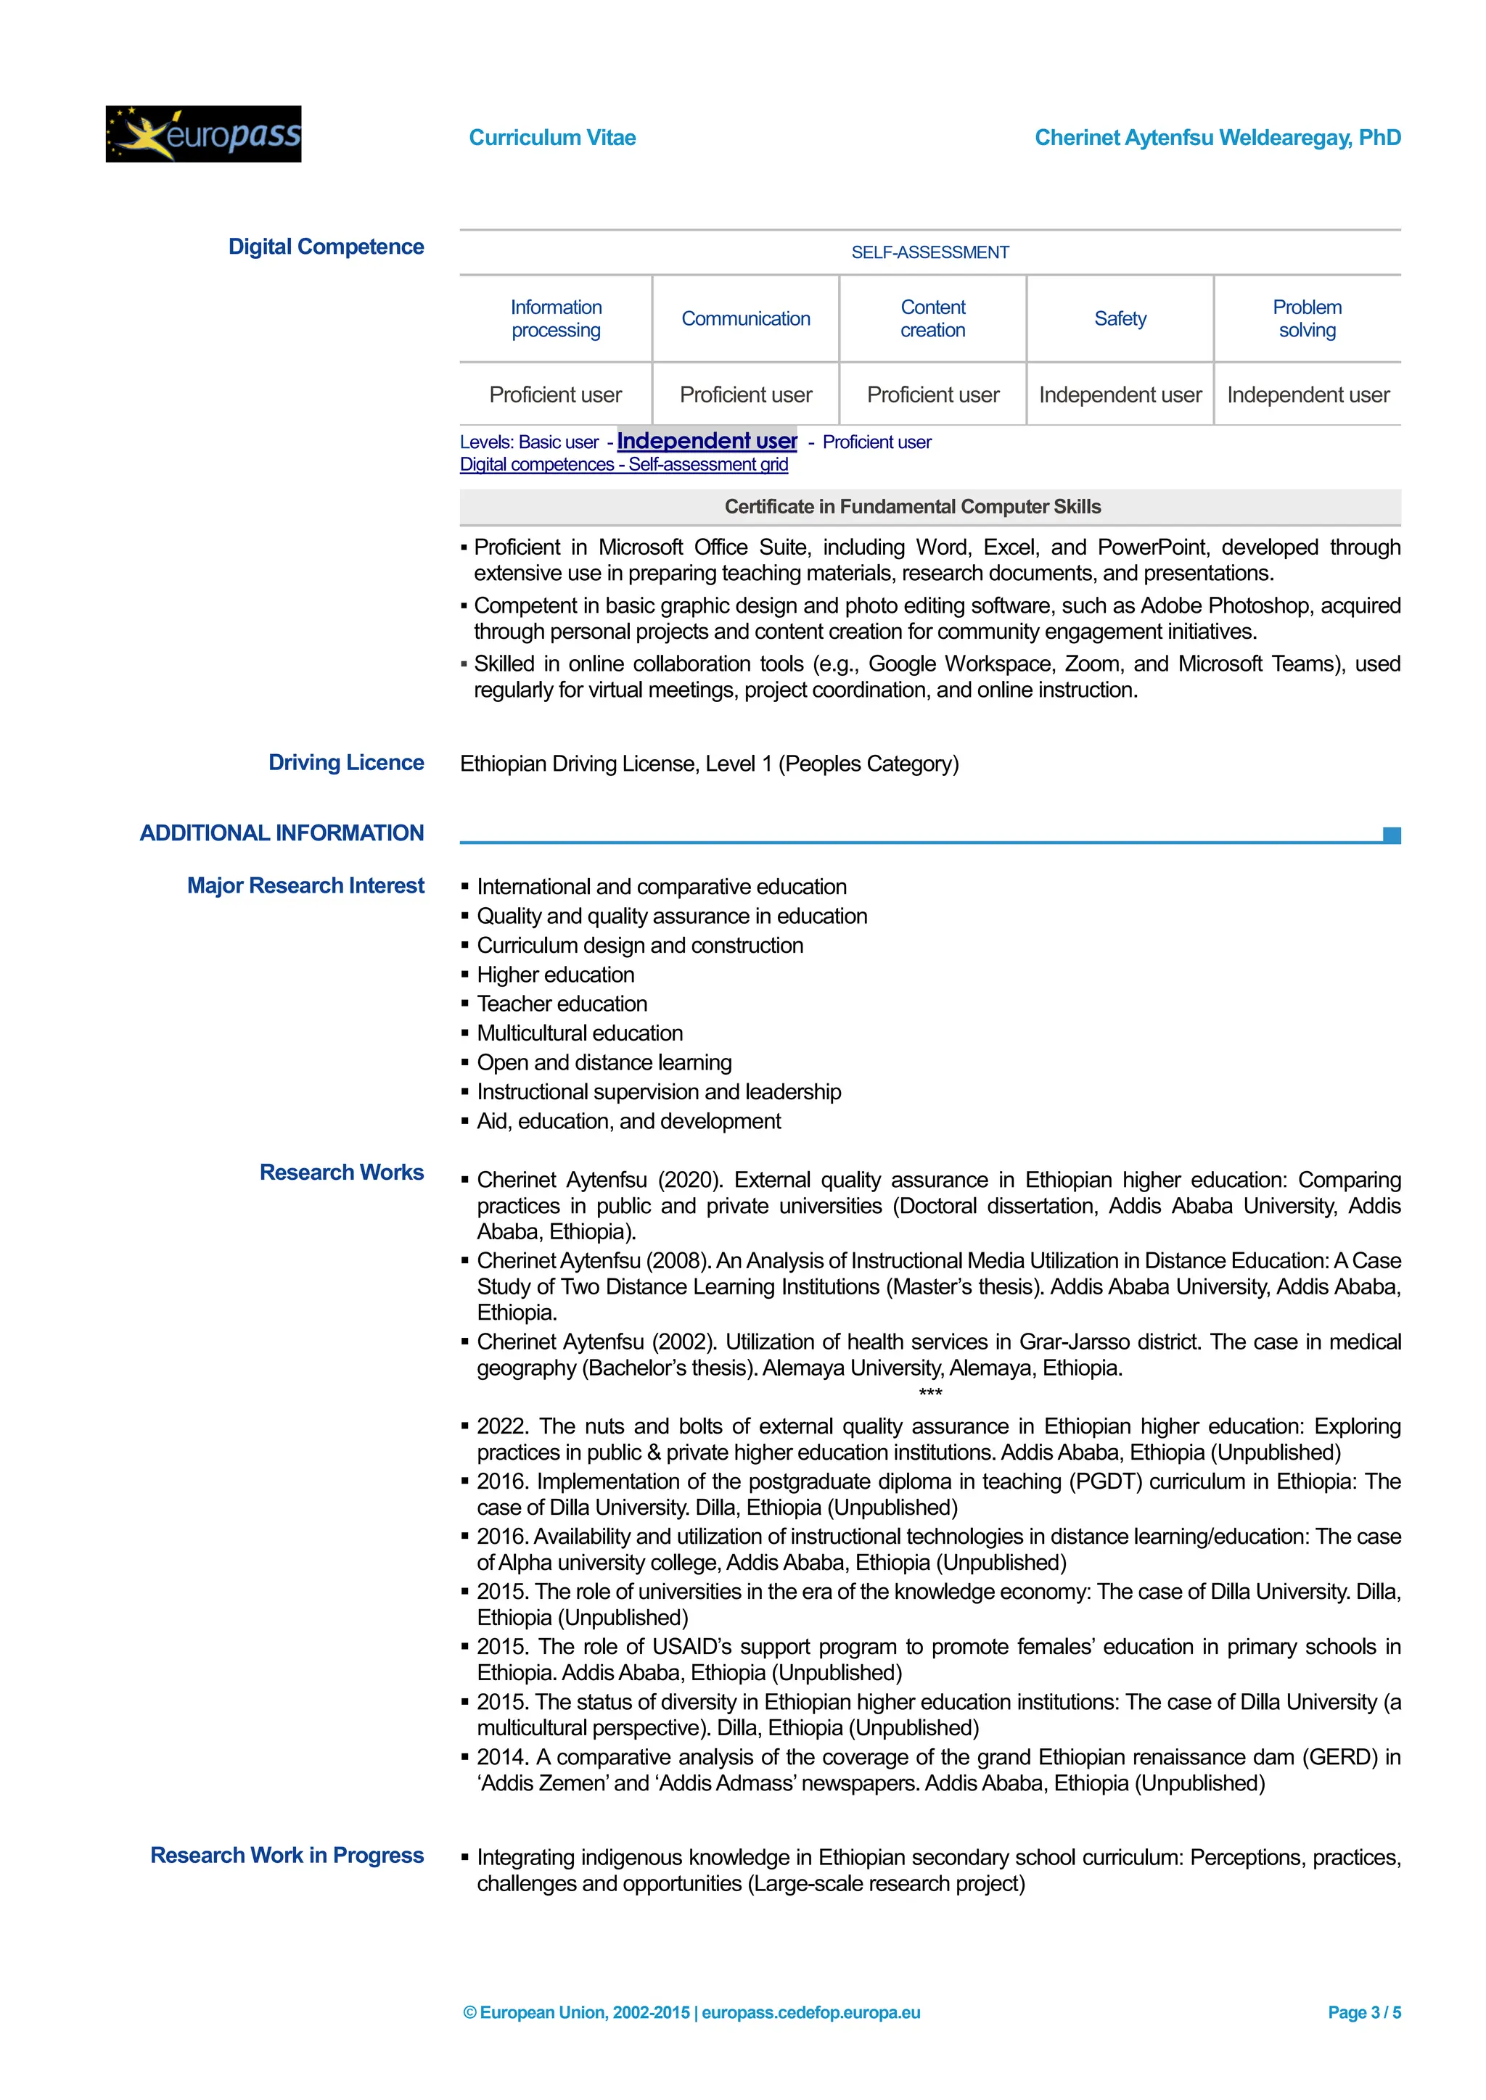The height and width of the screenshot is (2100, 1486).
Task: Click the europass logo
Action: click(x=203, y=134)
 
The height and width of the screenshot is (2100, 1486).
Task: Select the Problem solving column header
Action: click(x=1307, y=318)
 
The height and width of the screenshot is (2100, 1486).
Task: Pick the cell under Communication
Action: click(x=745, y=394)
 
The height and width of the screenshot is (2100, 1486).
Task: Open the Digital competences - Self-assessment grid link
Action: click(x=623, y=465)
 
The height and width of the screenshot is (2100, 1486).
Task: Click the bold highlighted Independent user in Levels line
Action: click(x=707, y=441)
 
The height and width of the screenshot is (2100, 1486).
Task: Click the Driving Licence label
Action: click(x=346, y=763)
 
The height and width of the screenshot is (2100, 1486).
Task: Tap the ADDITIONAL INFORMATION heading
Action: click(x=282, y=833)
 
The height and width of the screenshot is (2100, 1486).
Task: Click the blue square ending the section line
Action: click(x=1392, y=835)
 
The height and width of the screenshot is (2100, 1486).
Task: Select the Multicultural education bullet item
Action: click(x=579, y=1033)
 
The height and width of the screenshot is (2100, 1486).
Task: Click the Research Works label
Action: click(x=341, y=1173)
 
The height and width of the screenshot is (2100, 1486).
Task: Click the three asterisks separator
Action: click(x=929, y=1393)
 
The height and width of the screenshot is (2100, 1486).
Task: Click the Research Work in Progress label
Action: click(x=287, y=1855)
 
